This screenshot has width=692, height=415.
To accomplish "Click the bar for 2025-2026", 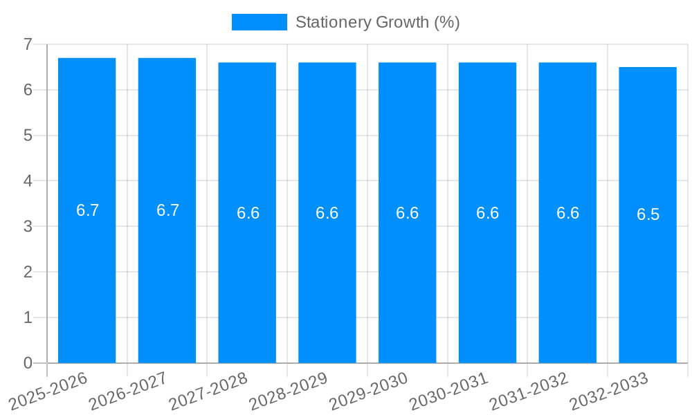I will pos(86,277).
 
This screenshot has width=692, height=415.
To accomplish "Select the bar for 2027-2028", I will pos(247,277).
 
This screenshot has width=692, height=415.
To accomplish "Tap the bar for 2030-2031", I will pos(487,277).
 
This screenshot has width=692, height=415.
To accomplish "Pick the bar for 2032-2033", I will pos(648,277).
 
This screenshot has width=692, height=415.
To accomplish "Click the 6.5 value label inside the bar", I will pos(648,214).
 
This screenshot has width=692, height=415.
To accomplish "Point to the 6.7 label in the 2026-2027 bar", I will pos(167,210).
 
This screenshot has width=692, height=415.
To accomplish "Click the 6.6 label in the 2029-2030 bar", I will pos(407,213).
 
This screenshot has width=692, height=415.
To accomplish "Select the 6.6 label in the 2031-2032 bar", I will pos(567,213).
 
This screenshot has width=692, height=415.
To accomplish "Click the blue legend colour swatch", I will pos(259,22).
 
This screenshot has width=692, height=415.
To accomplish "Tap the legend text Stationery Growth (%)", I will pos(377,22).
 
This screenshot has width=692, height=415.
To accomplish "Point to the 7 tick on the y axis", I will pos(28,44).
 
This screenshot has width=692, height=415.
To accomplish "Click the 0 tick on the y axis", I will pos(28,363).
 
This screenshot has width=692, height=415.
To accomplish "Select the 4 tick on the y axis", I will pos(28,181).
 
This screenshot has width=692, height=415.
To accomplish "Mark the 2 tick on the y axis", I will pos(28,272).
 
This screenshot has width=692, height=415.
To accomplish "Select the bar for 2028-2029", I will pos(327,277).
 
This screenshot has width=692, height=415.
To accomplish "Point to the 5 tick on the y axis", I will pos(28,136).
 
